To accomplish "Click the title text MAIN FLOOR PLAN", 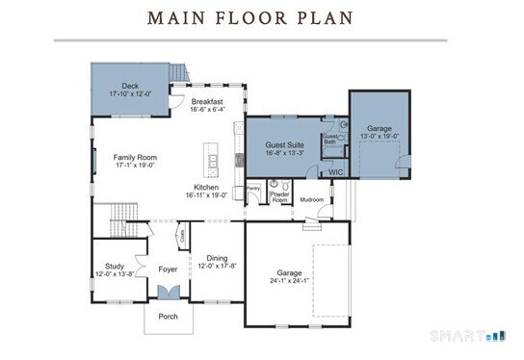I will [249, 18].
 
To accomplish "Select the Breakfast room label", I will [207, 101].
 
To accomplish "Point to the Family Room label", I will [135, 157].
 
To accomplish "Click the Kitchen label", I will [206, 187].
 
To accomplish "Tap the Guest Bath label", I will [330, 139].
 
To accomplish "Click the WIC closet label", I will [336, 172].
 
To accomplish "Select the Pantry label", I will [254, 188].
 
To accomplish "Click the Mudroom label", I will [311, 199].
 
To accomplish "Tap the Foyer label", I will [169, 269].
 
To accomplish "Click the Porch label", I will [168, 316].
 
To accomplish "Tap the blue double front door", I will [168, 294].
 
